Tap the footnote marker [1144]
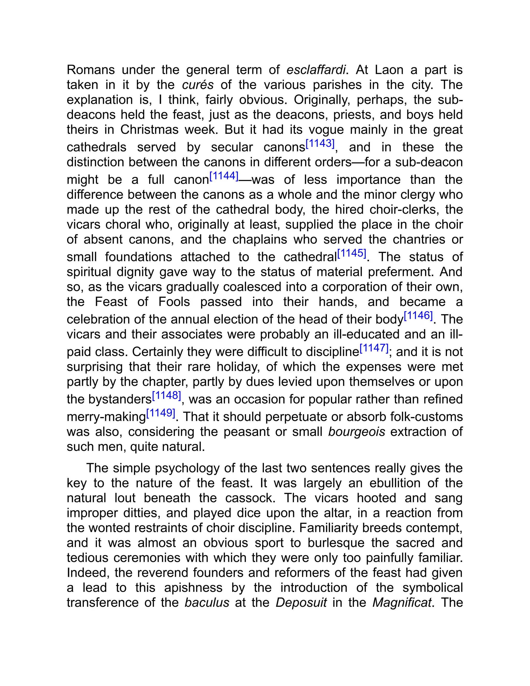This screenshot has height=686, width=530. click(x=224, y=176)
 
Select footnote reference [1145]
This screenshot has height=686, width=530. click(x=352, y=253)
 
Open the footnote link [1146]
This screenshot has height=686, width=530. click(x=418, y=315)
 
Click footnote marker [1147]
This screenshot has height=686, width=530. click(x=374, y=348)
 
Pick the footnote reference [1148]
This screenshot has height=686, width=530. click(x=166, y=396)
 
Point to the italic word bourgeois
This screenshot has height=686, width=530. click(x=357, y=432)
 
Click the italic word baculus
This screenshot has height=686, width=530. click(x=207, y=603)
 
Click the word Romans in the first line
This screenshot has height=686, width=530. click(x=91, y=70)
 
